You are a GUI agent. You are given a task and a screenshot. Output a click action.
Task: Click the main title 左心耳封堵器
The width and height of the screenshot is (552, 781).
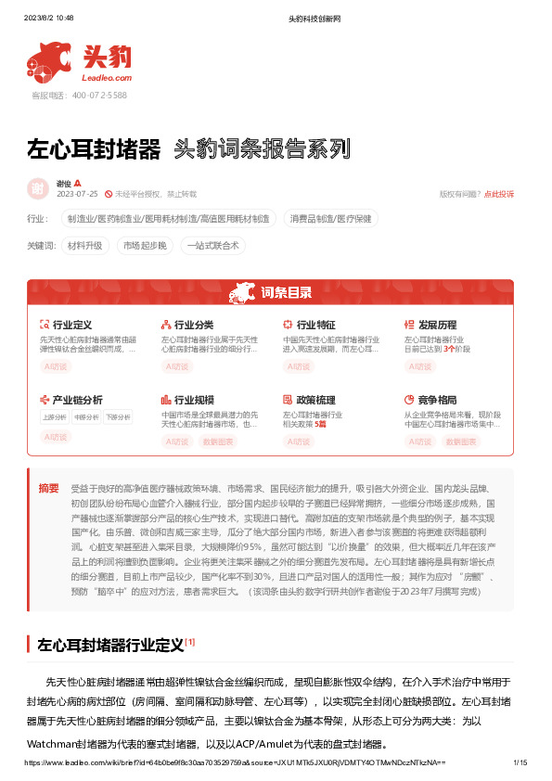[x=94, y=148]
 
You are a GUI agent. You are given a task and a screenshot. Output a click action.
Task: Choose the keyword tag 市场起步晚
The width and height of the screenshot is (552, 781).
[x=145, y=246]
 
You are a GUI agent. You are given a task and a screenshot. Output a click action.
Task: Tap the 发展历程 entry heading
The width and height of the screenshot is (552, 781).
[x=437, y=326]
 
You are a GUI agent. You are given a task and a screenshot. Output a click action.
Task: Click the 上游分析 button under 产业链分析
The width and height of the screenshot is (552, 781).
[x=55, y=417]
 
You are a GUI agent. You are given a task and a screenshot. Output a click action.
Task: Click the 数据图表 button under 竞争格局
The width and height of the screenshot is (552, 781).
[x=460, y=442]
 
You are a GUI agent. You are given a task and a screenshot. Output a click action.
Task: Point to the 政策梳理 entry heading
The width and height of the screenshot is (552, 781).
[x=315, y=400]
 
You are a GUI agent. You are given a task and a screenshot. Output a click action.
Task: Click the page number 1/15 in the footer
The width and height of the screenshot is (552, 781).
[x=520, y=762]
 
